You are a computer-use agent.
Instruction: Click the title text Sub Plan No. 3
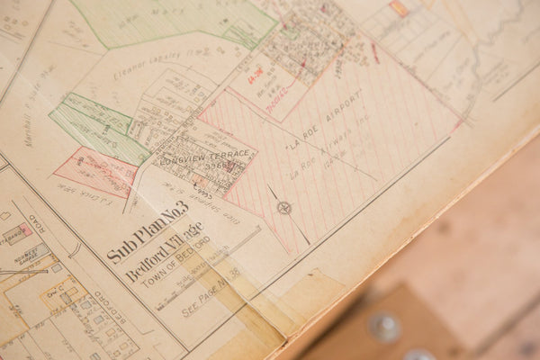tap(148, 232)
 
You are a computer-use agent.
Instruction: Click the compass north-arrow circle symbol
tap(284, 208)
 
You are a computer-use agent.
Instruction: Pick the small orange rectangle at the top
tap(398, 8)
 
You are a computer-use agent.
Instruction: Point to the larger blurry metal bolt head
tap(385, 327)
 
